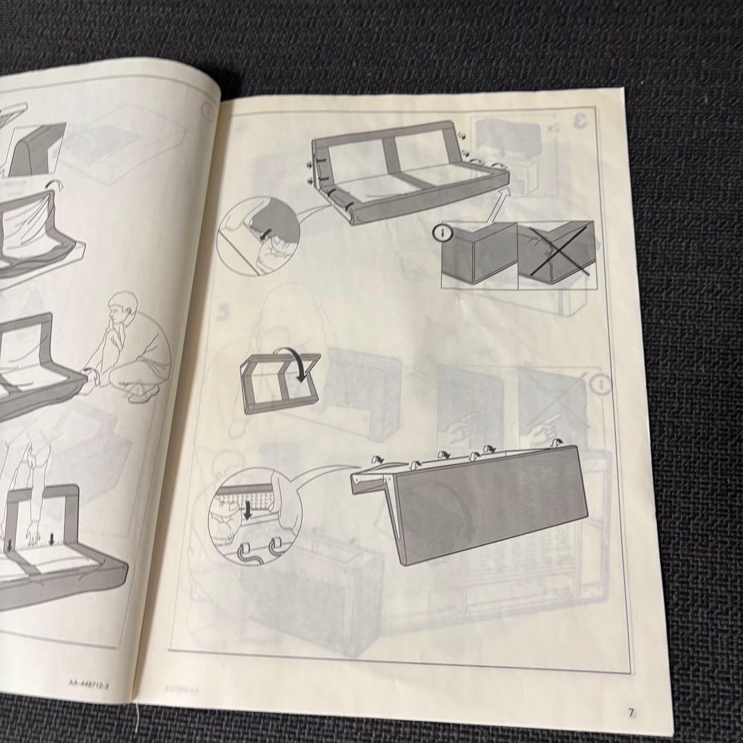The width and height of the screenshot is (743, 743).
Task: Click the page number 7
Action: coord(630,713)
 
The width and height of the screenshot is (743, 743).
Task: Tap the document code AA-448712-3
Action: coord(94,683)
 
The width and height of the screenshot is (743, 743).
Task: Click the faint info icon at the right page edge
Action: coord(603,385)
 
